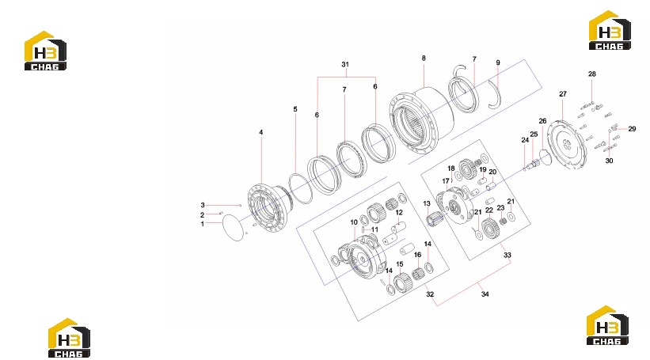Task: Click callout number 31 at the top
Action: [x=345, y=64]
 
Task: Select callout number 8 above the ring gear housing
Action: [x=424, y=58]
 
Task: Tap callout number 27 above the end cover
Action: [x=563, y=94]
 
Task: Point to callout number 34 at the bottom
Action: [x=485, y=294]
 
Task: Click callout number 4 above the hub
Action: [x=260, y=133]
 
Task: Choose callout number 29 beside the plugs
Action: [x=632, y=129]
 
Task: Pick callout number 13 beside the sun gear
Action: [x=427, y=203]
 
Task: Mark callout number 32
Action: [x=430, y=294]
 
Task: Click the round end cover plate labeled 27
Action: [x=566, y=145]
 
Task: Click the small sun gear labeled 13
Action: [x=435, y=218]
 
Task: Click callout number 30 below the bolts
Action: [x=609, y=161]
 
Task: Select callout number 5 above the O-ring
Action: [x=295, y=109]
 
